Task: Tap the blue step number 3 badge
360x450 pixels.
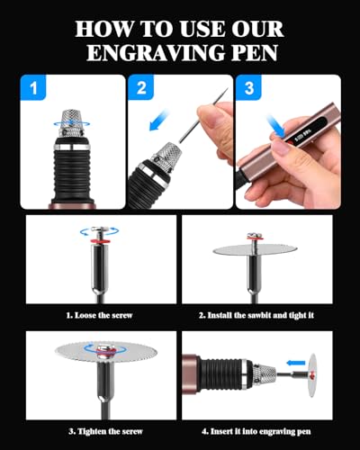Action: tap(251, 89)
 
